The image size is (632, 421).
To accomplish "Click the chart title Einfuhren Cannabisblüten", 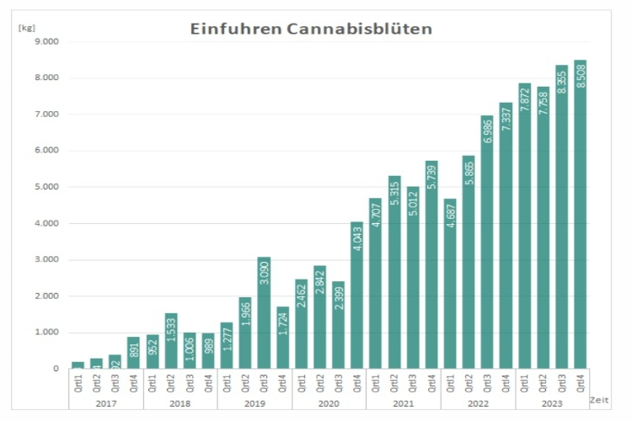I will (311, 29).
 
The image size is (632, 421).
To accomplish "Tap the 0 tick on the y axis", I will (56, 369).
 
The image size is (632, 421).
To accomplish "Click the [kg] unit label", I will (26, 27).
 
